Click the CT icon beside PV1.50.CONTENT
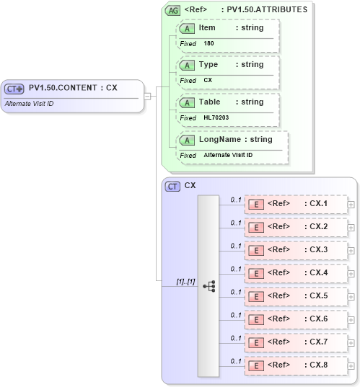(x=14, y=89)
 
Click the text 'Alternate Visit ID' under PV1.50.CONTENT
(x=29, y=104)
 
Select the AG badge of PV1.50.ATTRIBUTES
(x=172, y=10)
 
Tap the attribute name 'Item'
(x=207, y=27)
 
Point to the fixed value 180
(x=208, y=43)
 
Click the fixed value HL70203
(x=216, y=117)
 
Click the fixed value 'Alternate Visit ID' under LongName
(x=228, y=155)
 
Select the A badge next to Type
(x=187, y=65)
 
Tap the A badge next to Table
(x=187, y=102)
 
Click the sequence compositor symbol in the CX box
(x=209, y=286)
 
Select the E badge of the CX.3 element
(x=255, y=250)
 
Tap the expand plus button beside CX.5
(x=351, y=296)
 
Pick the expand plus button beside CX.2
(x=351, y=227)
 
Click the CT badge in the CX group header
(x=172, y=186)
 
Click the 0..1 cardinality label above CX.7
(x=235, y=338)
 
